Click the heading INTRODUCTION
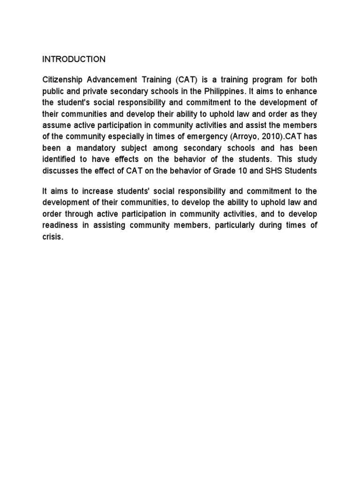tap(74, 60)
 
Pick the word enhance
tap(303, 90)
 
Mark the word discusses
tap(60, 171)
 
